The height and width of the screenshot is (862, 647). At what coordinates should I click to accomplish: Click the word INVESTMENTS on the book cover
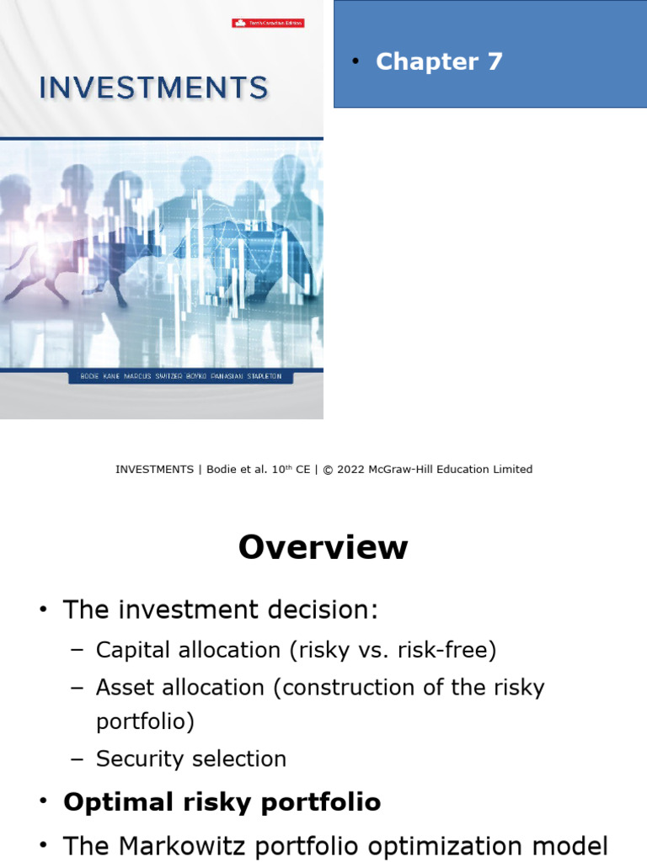153,88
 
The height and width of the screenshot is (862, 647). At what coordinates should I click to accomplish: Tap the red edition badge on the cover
268,23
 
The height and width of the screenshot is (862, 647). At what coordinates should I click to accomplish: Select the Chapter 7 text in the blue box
439,61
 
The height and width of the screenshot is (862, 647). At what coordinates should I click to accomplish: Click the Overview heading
323,548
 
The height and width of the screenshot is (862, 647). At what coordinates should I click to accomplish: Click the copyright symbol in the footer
329,470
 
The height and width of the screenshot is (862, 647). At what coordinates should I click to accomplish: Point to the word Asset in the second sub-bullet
123,688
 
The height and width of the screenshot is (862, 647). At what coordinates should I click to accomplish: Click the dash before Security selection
78,759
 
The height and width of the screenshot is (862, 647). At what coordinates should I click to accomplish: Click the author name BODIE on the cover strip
83,377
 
